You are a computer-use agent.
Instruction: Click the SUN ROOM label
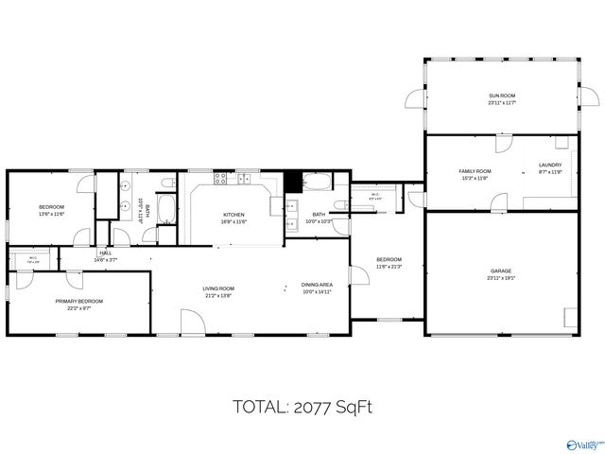[502, 96]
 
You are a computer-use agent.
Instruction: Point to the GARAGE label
[501, 271]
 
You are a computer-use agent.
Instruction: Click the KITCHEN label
[233, 215]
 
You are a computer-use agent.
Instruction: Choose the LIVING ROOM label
[218, 288]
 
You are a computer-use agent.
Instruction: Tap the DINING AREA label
[317, 285]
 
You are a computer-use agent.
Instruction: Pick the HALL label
[104, 253]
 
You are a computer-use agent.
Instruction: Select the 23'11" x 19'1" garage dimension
[501, 279]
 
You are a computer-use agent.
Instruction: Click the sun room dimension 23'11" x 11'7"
[502, 103]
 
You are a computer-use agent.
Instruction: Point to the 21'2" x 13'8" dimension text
[218, 296]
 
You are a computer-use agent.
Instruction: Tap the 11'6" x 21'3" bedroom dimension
[389, 267]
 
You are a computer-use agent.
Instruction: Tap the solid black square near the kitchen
[293, 180]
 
